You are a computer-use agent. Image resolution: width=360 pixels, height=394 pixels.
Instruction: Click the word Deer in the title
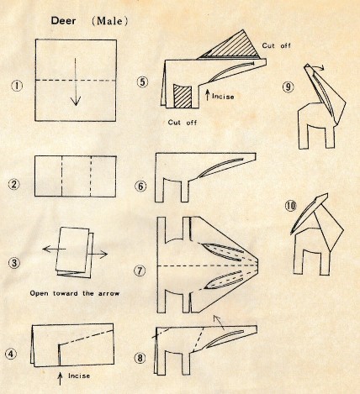(63, 21)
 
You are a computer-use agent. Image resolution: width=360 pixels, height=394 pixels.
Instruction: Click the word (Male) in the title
(109, 21)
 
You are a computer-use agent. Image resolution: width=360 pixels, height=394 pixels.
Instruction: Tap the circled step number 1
(18, 85)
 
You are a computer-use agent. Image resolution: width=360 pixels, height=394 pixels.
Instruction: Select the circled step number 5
(142, 81)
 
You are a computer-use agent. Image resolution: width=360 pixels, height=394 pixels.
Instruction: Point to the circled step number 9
(288, 87)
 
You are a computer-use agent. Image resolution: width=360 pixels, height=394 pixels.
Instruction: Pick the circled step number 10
(290, 206)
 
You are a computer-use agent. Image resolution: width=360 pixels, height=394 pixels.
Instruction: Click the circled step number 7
(140, 271)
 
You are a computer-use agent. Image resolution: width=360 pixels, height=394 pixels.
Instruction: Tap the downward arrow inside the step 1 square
(76, 81)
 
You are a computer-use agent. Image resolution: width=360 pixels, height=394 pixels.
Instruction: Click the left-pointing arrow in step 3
(54, 249)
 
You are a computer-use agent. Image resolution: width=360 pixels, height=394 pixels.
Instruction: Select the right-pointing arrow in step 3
(98, 255)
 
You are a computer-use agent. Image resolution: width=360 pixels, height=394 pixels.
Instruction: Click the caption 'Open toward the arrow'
(75, 293)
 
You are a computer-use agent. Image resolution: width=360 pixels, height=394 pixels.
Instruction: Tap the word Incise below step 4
(79, 376)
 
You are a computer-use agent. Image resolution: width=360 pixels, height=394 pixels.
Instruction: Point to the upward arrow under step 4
(60, 379)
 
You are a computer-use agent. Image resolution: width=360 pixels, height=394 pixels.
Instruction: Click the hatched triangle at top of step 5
(233, 46)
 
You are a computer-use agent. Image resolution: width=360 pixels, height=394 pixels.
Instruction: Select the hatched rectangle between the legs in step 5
(183, 96)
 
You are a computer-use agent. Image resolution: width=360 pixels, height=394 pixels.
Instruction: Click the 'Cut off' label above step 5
(276, 45)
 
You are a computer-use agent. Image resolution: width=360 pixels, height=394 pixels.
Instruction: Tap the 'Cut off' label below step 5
(183, 123)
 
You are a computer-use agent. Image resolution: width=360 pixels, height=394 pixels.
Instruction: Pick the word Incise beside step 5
(223, 97)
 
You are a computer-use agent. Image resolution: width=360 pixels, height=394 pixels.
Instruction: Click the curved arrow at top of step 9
(317, 66)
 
